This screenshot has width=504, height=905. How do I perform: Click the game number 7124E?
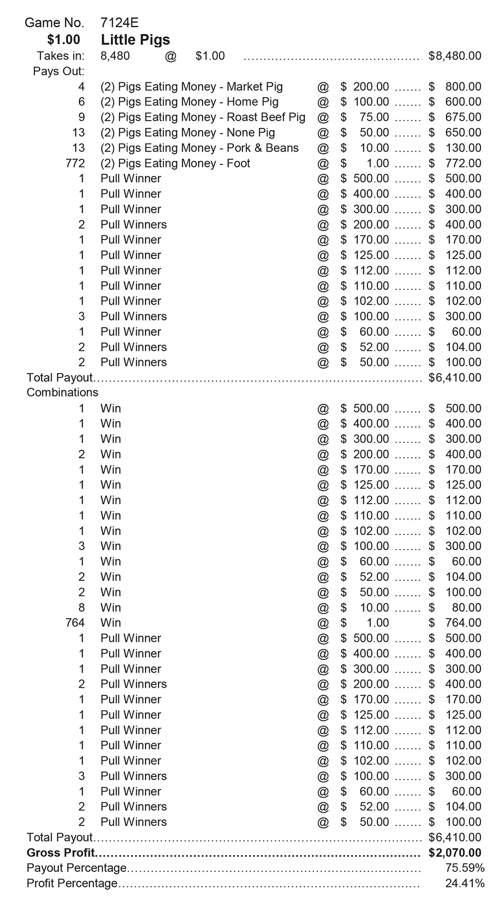(119, 23)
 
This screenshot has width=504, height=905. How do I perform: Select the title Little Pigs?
(135, 40)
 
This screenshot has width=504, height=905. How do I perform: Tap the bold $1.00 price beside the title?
(64, 40)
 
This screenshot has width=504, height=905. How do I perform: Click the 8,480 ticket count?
(115, 56)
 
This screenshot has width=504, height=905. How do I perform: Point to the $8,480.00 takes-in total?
(455, 56)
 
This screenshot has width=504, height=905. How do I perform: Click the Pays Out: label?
(58, 71)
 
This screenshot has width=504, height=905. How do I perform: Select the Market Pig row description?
(192, 87)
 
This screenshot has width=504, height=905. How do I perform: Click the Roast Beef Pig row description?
(203, 117)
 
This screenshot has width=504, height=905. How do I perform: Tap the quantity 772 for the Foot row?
(75, 163)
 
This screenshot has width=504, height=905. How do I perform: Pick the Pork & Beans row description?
(200, 148)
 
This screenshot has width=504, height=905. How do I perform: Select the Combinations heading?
(62, 393)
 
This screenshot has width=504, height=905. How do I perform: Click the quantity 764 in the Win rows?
(75, 623)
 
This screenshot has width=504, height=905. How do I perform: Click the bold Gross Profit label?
(60, 853)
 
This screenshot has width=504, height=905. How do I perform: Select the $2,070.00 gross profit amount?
(455, 853)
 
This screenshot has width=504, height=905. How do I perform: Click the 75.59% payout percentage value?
(465, 868)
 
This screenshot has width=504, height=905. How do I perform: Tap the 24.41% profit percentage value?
(465, 883)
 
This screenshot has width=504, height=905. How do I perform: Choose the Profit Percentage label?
(72, 883)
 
